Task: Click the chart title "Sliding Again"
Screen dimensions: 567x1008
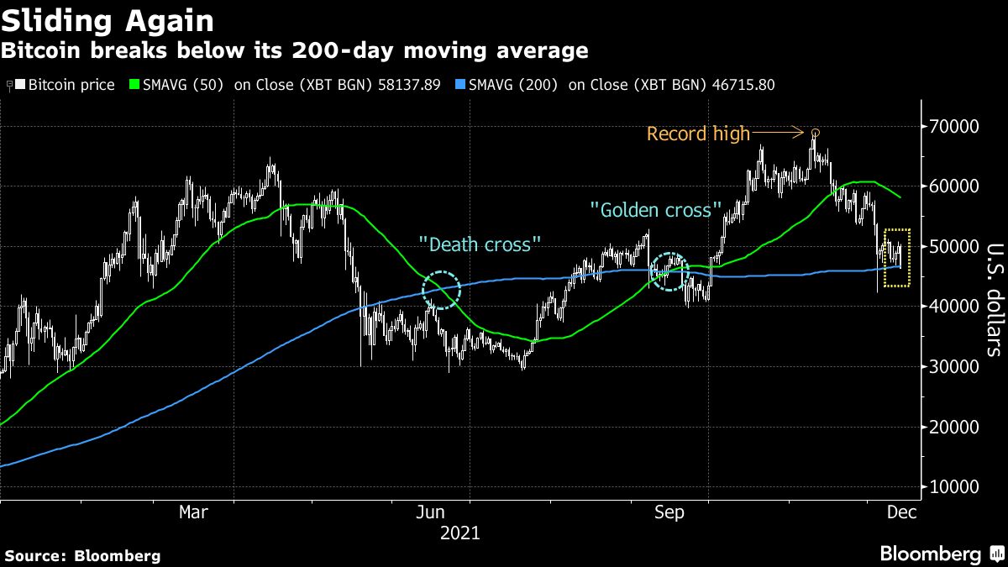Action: [x=108, y=20]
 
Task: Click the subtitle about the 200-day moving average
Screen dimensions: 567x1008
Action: [x=294, y=51]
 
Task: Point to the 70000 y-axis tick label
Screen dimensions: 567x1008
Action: [x=953, y=126]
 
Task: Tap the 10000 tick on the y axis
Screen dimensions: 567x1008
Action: [x=953, y=487]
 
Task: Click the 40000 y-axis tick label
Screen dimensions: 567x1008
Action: [x=953, y=307]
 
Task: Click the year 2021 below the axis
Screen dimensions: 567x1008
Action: [x=459, y=533]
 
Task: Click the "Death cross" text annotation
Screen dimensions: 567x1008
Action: [x=480, y=244]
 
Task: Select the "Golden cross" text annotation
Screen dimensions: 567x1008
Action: [x=656, y=209]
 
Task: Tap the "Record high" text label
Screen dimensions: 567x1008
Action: [x=698, y=134]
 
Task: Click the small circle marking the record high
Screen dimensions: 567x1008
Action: [x=815, y=133]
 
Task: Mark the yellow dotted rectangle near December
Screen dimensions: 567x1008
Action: [x=898, y=257]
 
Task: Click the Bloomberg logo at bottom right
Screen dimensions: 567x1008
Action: [x=941, y=554]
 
